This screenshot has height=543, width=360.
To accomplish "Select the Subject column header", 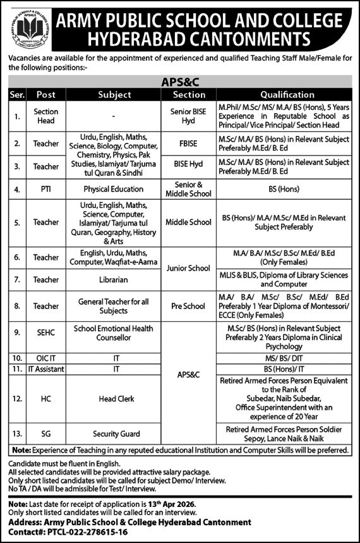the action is pos(114,95).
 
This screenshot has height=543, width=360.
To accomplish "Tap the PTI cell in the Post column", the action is pos(46,188).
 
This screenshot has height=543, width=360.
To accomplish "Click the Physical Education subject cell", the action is pos(114,188).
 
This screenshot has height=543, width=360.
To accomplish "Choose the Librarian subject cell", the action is pos(114,279).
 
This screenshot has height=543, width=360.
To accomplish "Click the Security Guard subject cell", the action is pos(114,435).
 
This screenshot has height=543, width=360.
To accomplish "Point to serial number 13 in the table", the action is pos(17,435).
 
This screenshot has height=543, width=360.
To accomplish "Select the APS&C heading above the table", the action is pos(180,82).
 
